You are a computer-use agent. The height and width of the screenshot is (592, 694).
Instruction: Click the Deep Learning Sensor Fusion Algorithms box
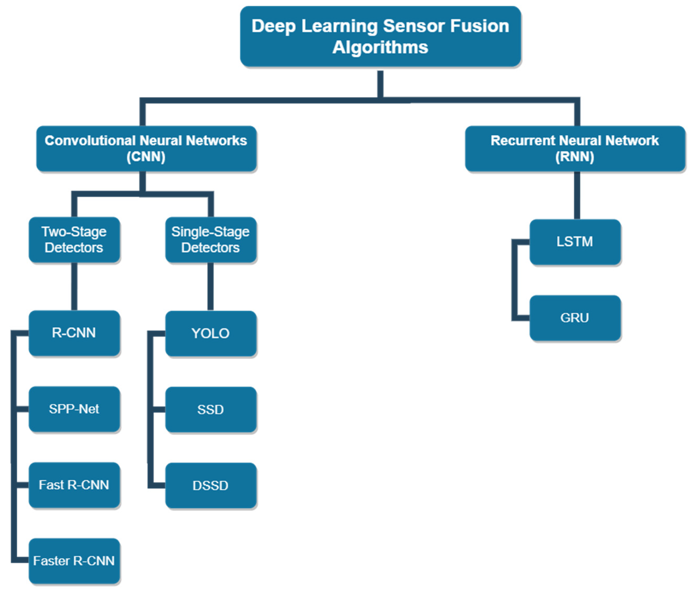pyautogui.click(x=380, y=36)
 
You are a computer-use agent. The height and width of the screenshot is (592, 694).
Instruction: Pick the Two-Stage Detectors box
pyautogui.click(x=74, y=240)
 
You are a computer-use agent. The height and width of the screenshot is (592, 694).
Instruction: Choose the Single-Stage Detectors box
pyautogui.click(x=211, y=240)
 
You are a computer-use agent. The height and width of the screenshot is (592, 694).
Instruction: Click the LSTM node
pyautogui.click(x=575, y=242)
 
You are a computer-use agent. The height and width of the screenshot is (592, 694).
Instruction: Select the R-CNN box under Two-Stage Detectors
pyautogui.click(x=74, y=333)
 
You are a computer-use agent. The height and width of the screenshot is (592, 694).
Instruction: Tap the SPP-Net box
pyautogui.click(x=74, y=409)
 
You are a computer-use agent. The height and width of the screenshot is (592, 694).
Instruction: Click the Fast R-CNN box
pyautogui.click(x=74, y=485)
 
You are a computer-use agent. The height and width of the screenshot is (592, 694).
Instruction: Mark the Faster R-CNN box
pyautogui.click(x=74, y=561)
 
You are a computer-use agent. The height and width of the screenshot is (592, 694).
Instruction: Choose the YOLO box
pyautogui.click(x=211, y=333)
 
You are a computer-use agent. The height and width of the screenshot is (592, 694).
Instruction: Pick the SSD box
pyautogui.click(x=211, y=409)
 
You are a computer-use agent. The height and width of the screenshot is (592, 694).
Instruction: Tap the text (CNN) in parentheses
pyautogui.click(x=146, y=157)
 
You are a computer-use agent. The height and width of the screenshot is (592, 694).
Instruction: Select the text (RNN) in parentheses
pyautogui.click(x=575, y=157)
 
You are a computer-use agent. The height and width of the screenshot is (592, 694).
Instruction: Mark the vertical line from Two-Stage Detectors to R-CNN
pyautogui.click(x=74, y=287)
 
